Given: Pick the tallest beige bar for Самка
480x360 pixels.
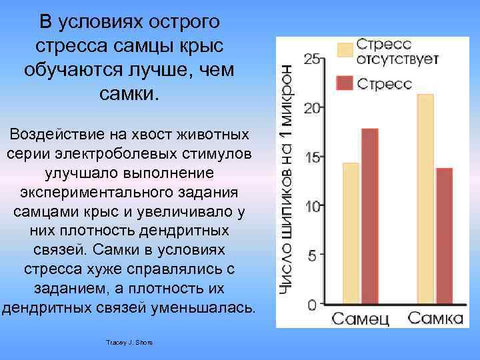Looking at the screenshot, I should click(x=425, y=199).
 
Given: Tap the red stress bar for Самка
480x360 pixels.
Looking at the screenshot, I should click(x=443, y=236).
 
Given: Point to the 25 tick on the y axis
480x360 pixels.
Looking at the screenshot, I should click(x=311, y=58).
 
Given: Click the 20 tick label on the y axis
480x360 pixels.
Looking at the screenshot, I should click(x=311, y=107).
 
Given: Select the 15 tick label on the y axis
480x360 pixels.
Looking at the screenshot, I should click(x=311, y=157).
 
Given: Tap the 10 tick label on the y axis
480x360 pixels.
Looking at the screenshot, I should click(x=311, y=206).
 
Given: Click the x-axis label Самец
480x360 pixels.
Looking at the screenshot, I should click(x=361, y=318).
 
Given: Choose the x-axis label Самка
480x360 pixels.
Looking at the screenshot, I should click(x=435, y=318).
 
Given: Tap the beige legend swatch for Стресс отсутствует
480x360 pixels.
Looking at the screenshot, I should click(x=345, y=51).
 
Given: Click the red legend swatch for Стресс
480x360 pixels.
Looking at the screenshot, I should click(x=345, y=83).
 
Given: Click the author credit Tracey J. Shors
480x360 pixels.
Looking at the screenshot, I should click(x=129, y=342).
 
